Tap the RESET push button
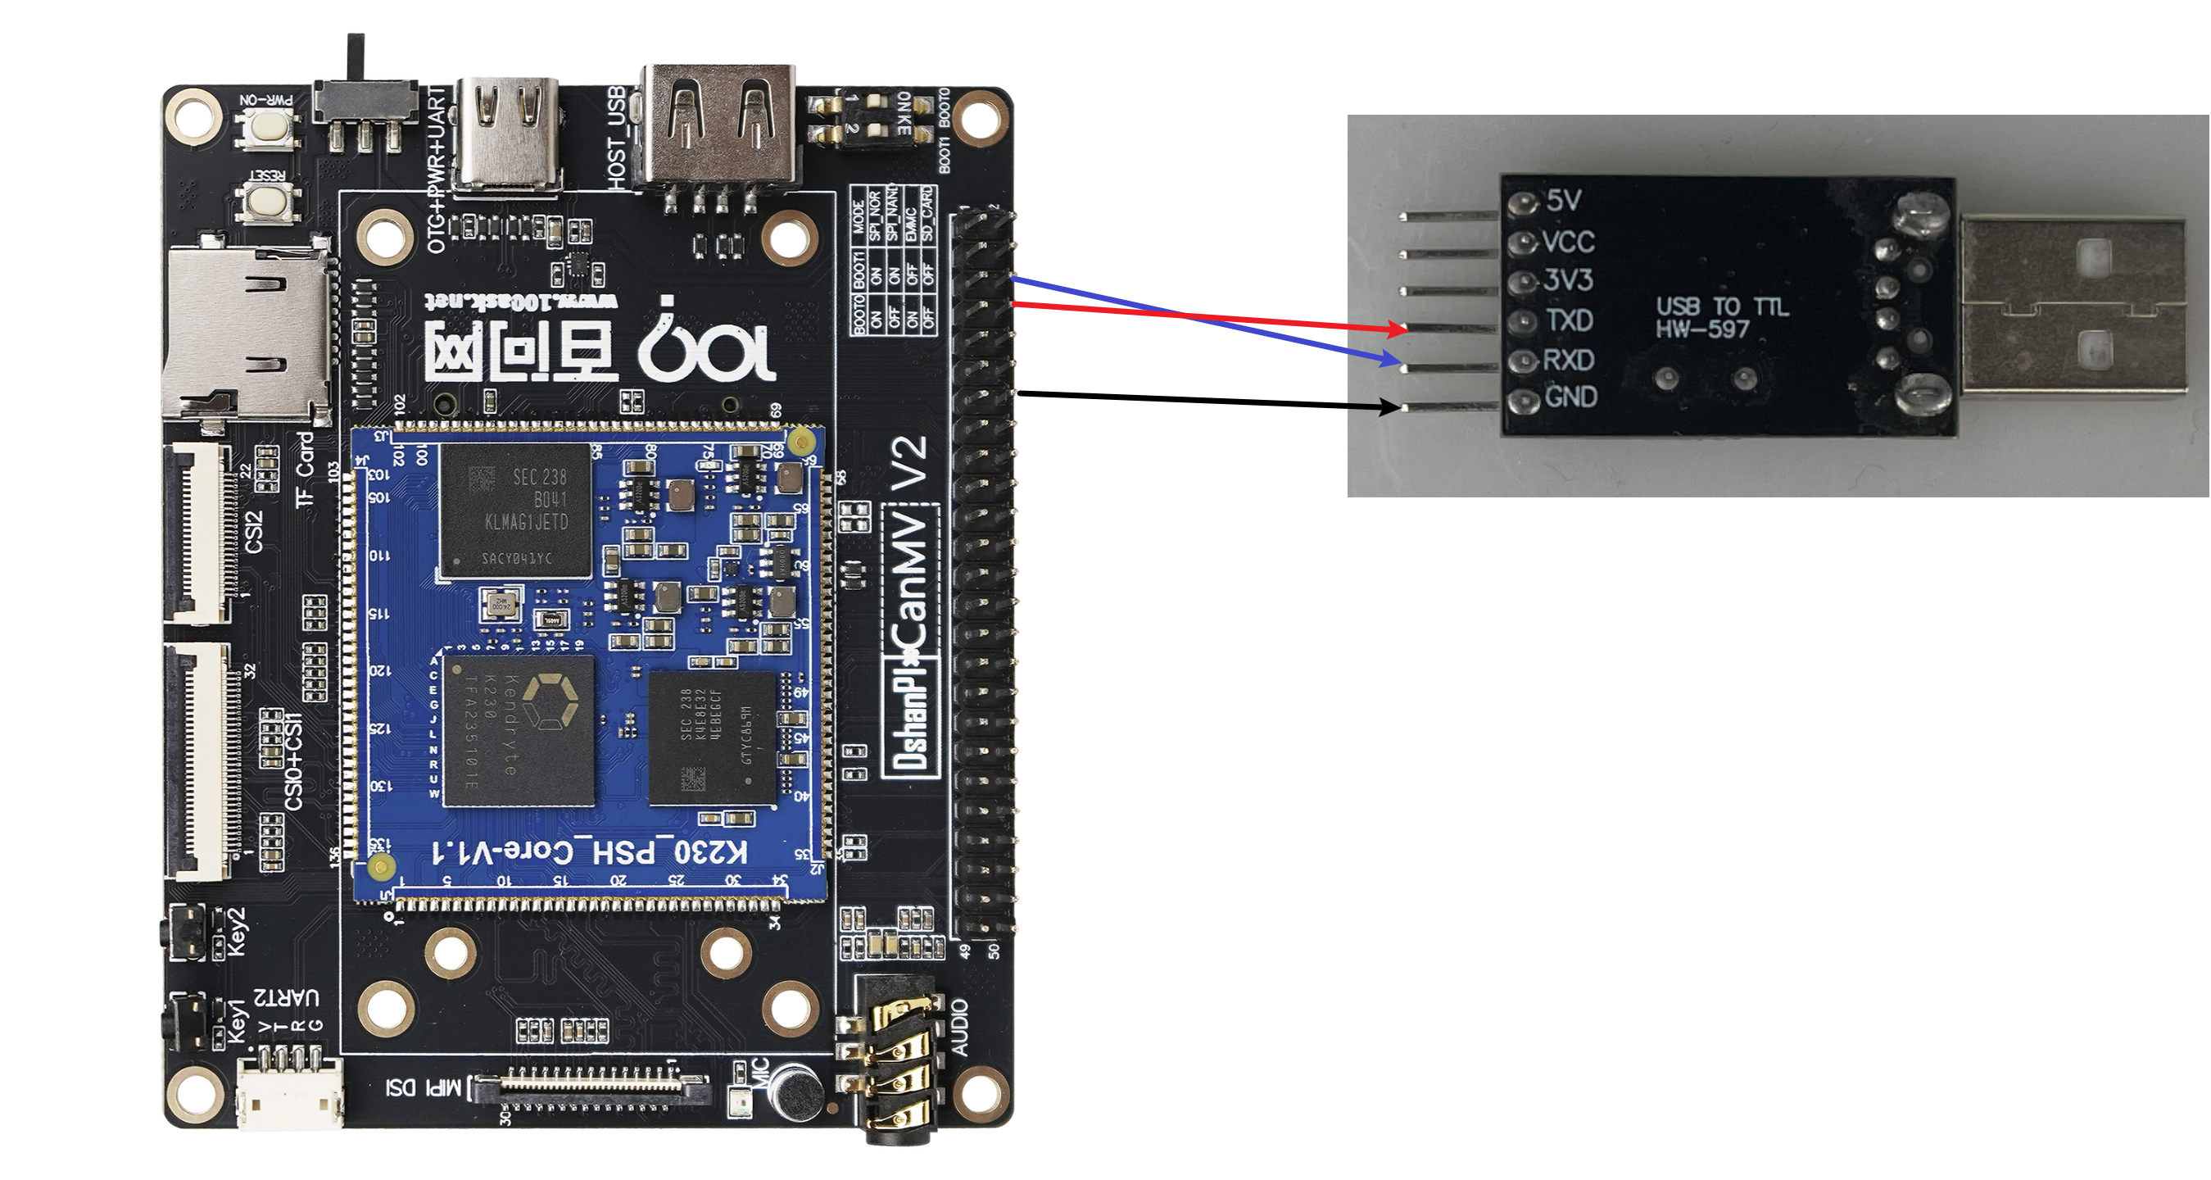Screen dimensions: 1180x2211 tap(270, 201)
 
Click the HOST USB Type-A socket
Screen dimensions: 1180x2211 tap(718, 125)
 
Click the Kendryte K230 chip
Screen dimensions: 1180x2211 tap(519, 730)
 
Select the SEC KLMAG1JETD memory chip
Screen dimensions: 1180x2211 tap(516, 511)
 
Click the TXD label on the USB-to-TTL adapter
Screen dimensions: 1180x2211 tap(1570, 320)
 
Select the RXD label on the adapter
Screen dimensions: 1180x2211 tap(1568, 360)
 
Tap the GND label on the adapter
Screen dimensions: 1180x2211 tap(1570, 397)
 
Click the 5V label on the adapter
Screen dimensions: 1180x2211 tap(1563, 200)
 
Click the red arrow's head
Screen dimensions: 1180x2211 tap(1399, 328)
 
